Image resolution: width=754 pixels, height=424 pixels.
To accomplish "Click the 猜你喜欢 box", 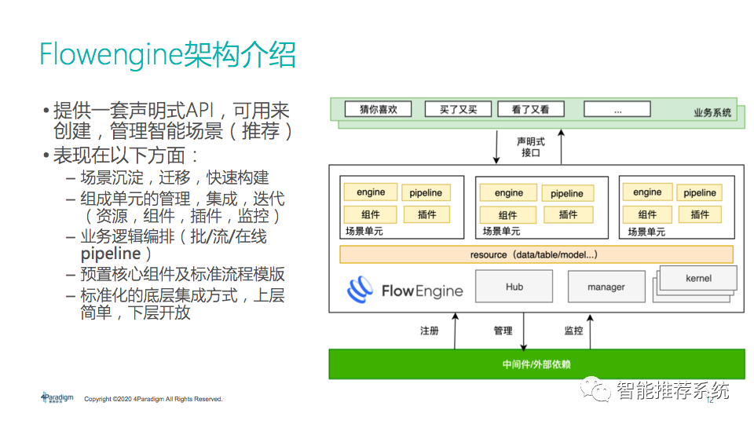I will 379,109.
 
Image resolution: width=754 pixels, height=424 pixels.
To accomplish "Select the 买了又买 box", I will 459,109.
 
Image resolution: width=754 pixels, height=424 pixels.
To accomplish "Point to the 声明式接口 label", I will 531,147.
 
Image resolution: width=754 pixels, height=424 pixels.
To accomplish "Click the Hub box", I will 514,287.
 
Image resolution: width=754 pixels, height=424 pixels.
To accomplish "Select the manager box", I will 606,288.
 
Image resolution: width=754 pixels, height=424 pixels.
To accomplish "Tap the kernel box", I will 698,278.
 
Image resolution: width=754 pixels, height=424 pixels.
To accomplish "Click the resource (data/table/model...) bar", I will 536,254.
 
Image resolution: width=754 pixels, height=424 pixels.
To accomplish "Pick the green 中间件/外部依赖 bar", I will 536,364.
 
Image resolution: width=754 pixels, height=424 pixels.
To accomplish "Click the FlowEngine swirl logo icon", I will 361,290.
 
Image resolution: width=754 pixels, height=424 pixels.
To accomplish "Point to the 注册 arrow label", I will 430,331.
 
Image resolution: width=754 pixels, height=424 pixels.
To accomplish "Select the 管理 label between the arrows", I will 503,331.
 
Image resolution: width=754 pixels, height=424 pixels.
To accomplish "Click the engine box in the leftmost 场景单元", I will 371,192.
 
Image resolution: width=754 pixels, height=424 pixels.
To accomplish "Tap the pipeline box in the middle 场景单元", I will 566,193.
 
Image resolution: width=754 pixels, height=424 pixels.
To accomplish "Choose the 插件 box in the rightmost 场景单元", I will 700,214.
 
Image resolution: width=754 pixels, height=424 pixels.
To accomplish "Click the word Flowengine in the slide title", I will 110,55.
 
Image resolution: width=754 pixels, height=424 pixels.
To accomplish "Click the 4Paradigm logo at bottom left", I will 57,398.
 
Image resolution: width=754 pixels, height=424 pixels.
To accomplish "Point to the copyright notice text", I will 153,400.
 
